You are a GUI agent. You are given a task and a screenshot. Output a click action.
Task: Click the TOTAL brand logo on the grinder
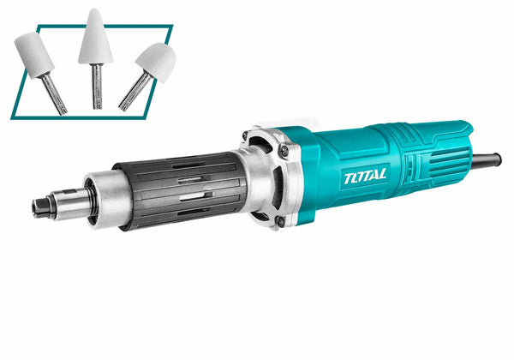click(365, 177)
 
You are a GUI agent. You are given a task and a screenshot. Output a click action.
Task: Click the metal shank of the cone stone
click(97, 87)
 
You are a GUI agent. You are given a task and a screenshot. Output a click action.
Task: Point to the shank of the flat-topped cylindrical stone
click(54, 93)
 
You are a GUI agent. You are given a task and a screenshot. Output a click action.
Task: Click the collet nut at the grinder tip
click(41, 208)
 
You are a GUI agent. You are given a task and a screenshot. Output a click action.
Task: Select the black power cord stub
click(487, 159)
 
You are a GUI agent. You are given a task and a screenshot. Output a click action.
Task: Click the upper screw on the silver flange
click(284, 151)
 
